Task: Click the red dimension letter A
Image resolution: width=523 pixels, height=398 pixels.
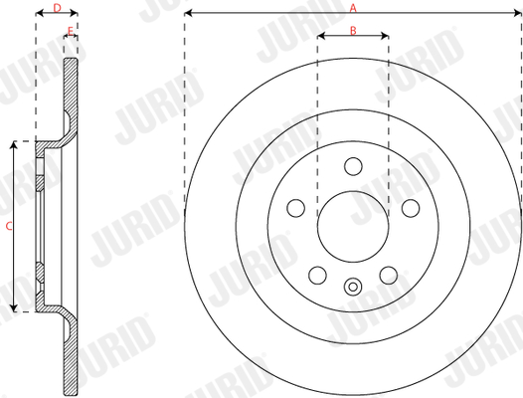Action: tap(353, 8)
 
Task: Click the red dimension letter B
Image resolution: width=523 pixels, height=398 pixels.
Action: tap(353, 31)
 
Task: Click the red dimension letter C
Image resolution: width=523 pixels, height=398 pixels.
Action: tap(9, 226)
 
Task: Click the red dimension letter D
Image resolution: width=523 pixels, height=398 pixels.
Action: tap(58, 8)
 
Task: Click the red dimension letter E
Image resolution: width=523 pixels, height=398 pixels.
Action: tap(71, 31)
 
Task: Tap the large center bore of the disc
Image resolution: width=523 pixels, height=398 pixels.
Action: tap(353, 227)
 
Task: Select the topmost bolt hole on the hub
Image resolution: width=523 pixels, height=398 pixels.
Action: tap(353, 166)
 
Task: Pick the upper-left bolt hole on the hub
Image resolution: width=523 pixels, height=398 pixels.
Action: tap(296, 208)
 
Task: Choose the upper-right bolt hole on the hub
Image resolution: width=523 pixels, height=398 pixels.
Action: tap(411, 208)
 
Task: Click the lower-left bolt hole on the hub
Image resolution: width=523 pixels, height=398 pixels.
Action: tap(317, 276)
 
